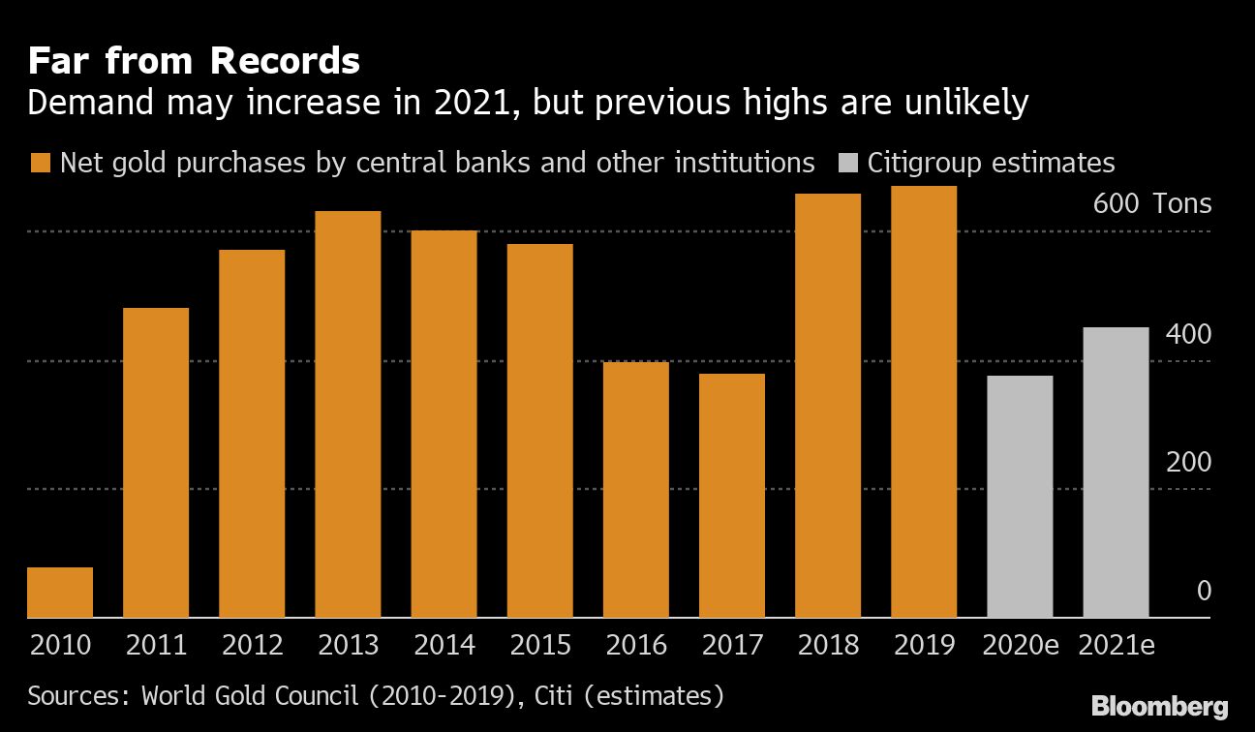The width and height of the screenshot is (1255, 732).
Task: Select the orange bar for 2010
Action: tap(60, 593)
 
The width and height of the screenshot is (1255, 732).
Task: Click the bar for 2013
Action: tap(348, 414)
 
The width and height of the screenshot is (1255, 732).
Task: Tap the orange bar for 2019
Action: tap(924, 402)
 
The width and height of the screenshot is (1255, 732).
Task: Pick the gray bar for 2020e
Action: tap(1020, 497)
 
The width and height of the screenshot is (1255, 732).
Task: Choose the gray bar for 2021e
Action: tap(1116, 473)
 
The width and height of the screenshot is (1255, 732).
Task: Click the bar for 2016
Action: tap(635, 490)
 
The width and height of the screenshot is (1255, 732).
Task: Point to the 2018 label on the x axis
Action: tap(828, 645)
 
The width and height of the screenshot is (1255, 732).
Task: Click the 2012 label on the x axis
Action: tap(252, 645)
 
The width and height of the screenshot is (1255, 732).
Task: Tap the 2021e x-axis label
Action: tap(1117, 645)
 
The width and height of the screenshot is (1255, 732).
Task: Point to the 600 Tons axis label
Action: tap(1152, 204)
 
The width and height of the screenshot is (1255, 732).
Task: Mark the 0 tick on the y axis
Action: tap(1204, 591)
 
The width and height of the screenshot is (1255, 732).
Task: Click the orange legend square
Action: tap(40, 163)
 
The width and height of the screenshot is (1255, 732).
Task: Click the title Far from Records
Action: tap(194, 62)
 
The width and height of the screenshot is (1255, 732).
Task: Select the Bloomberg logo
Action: tap(1159, 706)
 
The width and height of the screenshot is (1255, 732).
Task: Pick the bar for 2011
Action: tap(156, 463)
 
